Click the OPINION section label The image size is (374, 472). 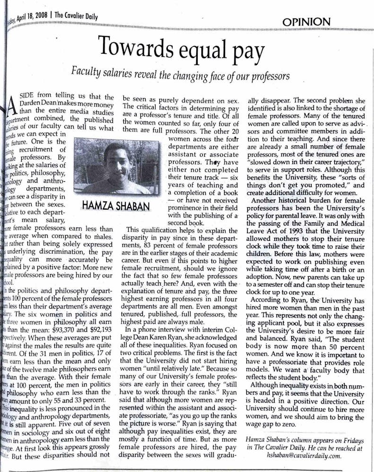306,22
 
